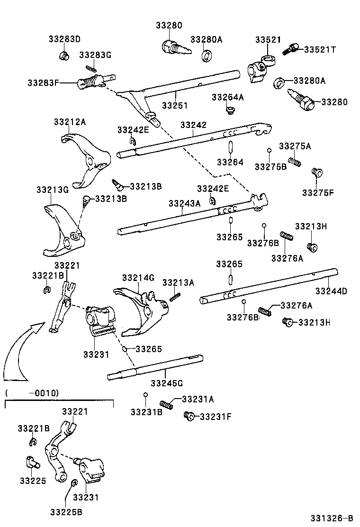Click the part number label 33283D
[x=64, y=38]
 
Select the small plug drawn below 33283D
[x=64, y=56]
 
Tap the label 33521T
[x=319, y=49]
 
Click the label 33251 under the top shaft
[x=175, y=105]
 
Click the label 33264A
[x=227, y=97]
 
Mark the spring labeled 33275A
[x=295, y=162]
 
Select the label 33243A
[x=184, y=203]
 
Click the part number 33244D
[x=331, y=291]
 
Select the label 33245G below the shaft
[x=167, y=382]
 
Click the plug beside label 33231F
[x=188, y=416]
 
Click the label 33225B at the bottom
[x=66, y=511]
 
